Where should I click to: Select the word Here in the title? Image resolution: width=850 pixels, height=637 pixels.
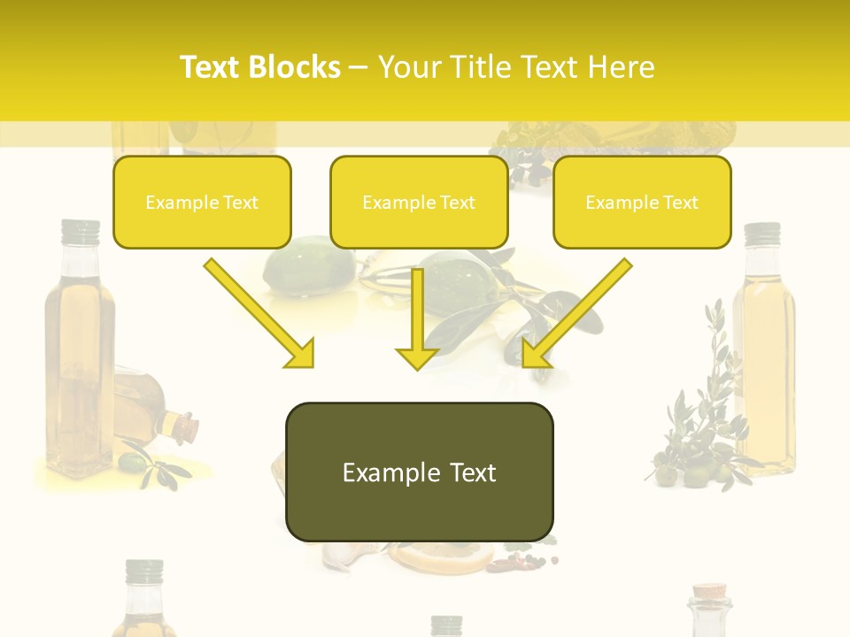point(620,67)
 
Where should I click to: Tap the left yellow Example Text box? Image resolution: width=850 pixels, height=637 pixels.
point(202,202)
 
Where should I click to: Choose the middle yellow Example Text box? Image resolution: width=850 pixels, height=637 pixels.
point(419,202)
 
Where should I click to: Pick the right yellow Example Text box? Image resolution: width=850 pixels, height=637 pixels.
point(642,202)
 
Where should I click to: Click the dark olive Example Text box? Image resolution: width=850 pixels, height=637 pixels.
point(419,472)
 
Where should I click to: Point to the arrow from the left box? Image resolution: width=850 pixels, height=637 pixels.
point(260,313)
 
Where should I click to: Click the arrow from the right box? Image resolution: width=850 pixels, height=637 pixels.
point(576,313)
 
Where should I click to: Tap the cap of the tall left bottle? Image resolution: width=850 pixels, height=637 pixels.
point(81,232)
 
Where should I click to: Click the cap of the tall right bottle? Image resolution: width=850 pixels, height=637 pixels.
point(761,234)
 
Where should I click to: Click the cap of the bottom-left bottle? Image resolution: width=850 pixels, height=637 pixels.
point(144,572)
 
